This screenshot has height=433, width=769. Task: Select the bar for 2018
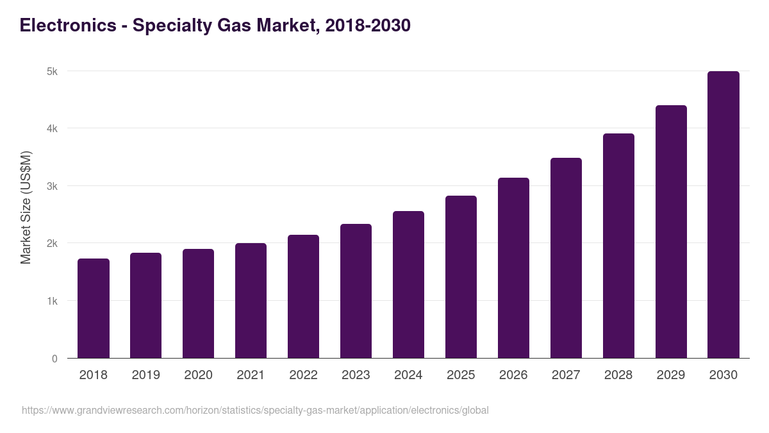click(94, 309)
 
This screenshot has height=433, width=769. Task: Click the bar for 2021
click(251, 301)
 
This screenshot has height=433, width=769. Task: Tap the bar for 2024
click(408, 285)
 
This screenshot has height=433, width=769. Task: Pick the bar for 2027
click(566, 258)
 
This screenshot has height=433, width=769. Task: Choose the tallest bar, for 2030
click(724, 215)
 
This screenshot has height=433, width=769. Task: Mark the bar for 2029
click(671, 232)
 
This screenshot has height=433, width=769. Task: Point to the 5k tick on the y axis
click(52, 71)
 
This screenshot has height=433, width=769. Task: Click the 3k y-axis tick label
click(52, 186)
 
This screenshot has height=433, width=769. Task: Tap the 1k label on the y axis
click(52, 301)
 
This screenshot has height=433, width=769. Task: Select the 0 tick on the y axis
click(54, 359)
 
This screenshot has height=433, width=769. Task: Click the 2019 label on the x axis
click(146, 375)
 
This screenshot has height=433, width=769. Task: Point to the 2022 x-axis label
click(303, 375)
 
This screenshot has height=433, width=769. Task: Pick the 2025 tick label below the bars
click(461, 375)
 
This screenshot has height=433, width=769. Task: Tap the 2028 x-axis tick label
click(618, 375)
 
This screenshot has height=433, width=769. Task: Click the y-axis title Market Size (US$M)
click(26, 207)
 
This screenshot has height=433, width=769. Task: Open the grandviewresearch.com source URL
click(255, 410)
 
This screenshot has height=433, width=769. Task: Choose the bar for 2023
click(356, 291)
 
